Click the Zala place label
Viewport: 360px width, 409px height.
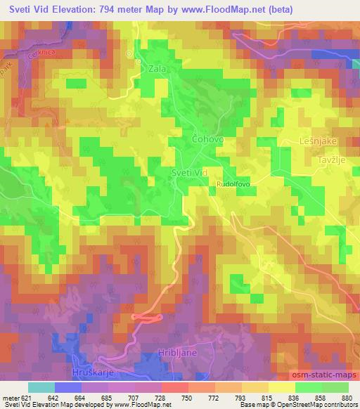pyautogui.click(x=156, y=70)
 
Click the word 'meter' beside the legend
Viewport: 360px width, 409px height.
pyautogui.click(x=11, y=398)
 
